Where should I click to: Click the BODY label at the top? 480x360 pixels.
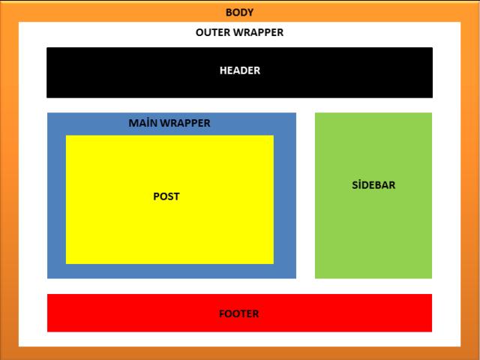click(x=239, y=13)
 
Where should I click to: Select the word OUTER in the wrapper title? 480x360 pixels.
click(x=212, y=33)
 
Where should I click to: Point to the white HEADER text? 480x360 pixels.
click(x=239, y=70)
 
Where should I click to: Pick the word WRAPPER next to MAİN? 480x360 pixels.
click(x=185, y=123)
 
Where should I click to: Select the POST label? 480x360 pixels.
click(x=166, y=196)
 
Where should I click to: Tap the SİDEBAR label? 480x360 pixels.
click(x=373, y=185)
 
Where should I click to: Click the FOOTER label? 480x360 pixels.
click(x=239, y=313)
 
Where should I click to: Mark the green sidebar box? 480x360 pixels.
click(x=373, y=240)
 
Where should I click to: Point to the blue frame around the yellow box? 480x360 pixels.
click(x=56, y=195)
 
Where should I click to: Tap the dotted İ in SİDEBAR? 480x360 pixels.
click(x=360, y=185)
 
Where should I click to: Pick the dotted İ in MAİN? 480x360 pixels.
click(x=150, y=123)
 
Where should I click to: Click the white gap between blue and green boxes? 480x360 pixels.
click(x=305, y=195)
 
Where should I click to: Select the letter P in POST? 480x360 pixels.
click(x=156, y=196)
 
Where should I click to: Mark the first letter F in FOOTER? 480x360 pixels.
click(x=222, y=313)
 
